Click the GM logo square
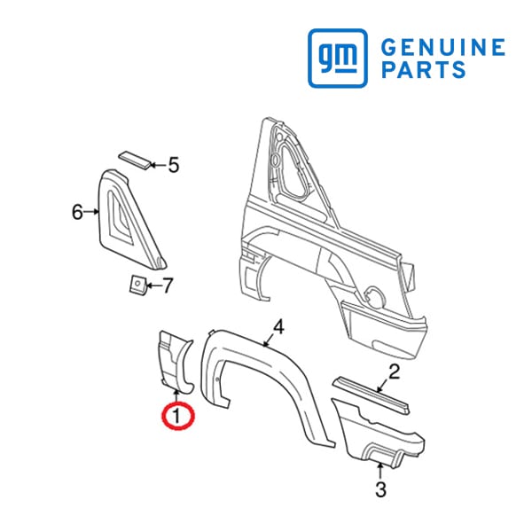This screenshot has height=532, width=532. click(x=338, y=58)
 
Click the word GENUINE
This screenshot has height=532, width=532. click(x=443, y=47)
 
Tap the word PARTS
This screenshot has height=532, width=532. click(x=424, y=69)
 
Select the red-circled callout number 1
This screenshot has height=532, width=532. click(x=177, y=416)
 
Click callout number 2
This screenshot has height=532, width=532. click(x=394, y=372)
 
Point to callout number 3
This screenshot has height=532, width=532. click(x=380, y=489)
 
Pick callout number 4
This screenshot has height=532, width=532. click(x=278, y=327)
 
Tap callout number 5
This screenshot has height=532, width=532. click(x=174, y=165)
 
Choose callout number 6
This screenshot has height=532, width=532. click(x=77, y=213)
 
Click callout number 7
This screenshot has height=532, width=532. click(x=168, y=286)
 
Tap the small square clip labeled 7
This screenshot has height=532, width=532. click(x=137, y=284)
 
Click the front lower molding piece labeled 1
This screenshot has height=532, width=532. click(x=175, y=363)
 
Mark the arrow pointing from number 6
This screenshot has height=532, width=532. click(x=91, y=212)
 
